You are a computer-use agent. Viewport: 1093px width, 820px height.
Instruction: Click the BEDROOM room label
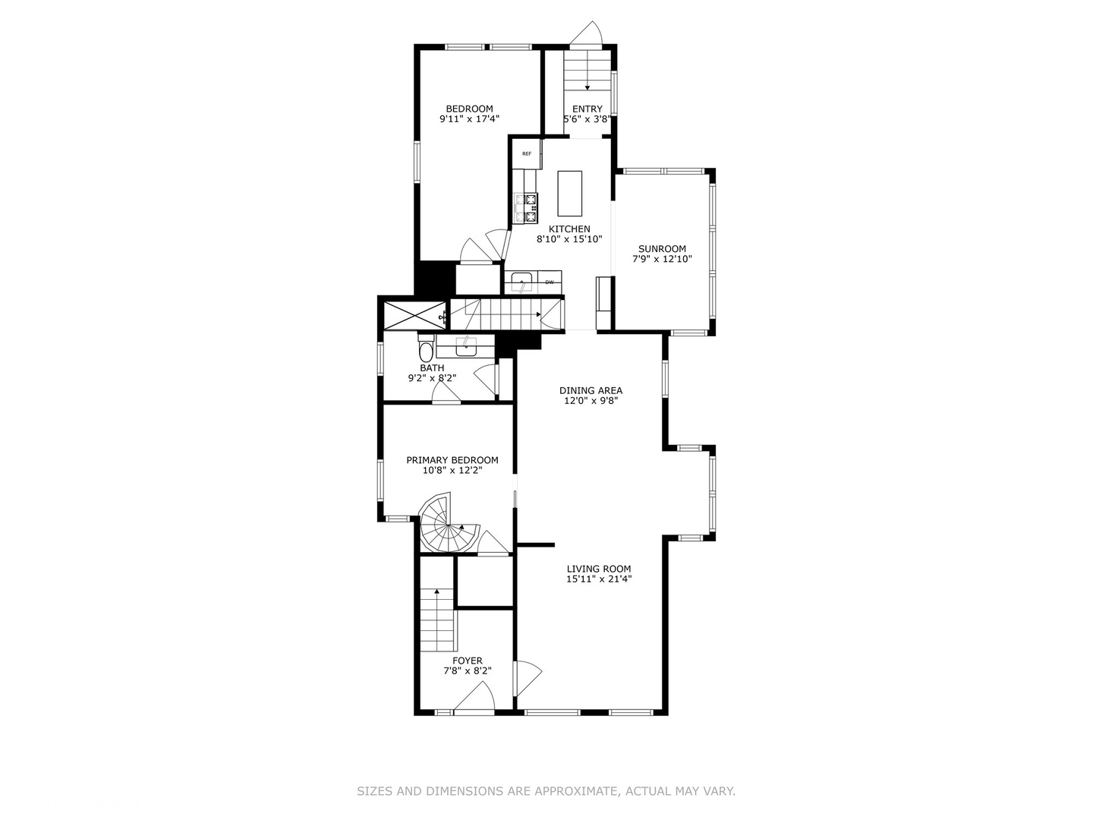pos(469,109)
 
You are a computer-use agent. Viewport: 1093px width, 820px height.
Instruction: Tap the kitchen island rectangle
pos(569,194)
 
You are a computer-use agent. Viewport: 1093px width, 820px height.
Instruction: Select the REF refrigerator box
pos(527,154)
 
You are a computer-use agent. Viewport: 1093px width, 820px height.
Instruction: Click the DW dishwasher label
pos(549,282)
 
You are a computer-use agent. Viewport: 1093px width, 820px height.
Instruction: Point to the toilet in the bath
pos(425,351)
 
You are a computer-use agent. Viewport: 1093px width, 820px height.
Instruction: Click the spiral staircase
pos(448,525)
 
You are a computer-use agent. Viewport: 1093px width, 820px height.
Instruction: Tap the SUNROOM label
pos(662,248)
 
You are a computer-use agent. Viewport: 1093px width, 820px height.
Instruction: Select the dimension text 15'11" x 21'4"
pos(599,579)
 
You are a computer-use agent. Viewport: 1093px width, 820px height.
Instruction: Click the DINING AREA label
pos(591,390)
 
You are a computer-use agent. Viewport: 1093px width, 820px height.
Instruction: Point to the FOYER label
pos(467,661)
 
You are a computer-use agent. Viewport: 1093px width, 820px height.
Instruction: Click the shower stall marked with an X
pos(414,314)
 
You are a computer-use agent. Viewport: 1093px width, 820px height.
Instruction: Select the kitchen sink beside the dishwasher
pos(522,282)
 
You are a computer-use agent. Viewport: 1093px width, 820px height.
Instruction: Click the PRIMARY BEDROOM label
pos(452,460)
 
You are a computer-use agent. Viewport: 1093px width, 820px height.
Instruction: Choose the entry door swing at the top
pos(587,33)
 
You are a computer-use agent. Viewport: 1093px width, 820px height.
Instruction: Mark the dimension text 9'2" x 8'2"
pos(432,377)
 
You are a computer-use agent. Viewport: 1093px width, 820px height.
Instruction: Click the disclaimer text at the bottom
pos(546,791)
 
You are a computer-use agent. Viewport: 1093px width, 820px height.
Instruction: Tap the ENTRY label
pos(587,109)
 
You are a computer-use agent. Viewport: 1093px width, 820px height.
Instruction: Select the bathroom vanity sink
pos(465,345)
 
